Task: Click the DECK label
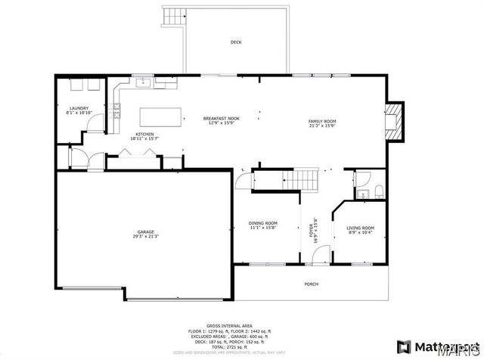pyautogui.click(x=236, y=42)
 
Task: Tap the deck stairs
pyautogui.click(x=175, y=15)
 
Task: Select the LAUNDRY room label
pyautogui.click(x=79, y=108)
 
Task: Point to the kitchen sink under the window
pyautogui.click(x=141, y=82)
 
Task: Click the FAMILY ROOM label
pyautogui.click(x=321, y=121)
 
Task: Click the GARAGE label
pyautogui.click(x=146, y=231)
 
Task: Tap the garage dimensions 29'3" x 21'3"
pyautogui.click(x=146, y=237)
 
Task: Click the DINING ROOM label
pyautogui.click(x=263, y=222)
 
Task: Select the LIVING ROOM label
pyautogui.click(x=360, y=227)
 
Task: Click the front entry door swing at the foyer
pyautogui.click(x=318, y=256)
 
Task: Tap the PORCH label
pyautogui.click(x=311, y=284)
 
